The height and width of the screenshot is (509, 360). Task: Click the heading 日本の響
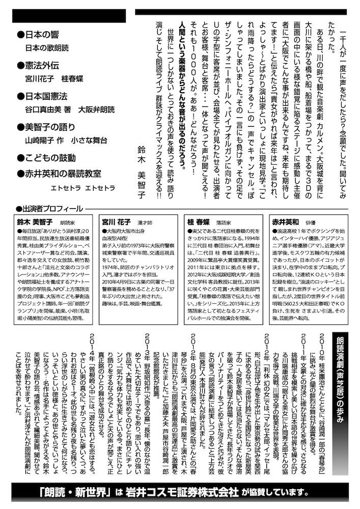click(x=43, y=35)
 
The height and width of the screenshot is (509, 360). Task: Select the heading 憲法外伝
click(x=43, y=65)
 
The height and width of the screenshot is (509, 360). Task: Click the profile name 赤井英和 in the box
click(x=286, y=222)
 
